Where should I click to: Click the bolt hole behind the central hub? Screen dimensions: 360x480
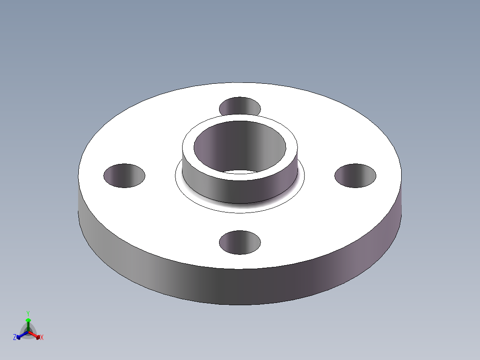pos(240,106)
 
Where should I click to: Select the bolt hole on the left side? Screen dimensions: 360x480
pos(124,176)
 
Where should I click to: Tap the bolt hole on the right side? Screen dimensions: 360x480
pos(355,176)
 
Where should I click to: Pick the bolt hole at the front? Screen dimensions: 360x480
pos(240,242)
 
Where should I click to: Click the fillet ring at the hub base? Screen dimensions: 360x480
pos(240,207)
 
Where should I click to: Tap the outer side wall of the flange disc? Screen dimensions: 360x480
pos(240,287)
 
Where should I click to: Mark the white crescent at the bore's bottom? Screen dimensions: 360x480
pos(240,172)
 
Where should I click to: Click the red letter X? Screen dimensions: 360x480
pos(42,338)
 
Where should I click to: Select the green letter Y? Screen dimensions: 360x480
pos(28,313)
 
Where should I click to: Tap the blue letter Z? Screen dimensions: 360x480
pos(15,338)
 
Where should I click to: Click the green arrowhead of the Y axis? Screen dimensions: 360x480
pos(28,320)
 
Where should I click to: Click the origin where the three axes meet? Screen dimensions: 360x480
pos(28,332)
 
